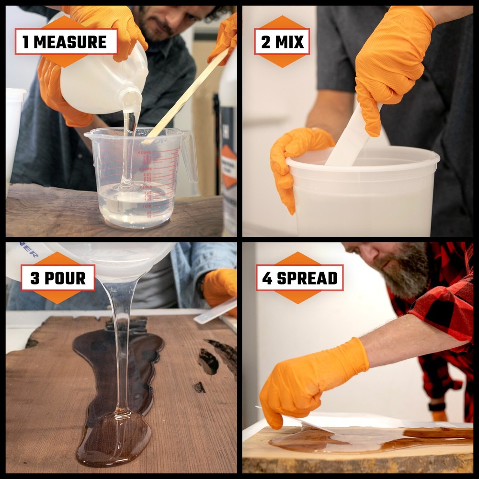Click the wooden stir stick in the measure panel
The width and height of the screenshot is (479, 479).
(x=187, y=96)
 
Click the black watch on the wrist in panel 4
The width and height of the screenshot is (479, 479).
(x=436, y=406)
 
